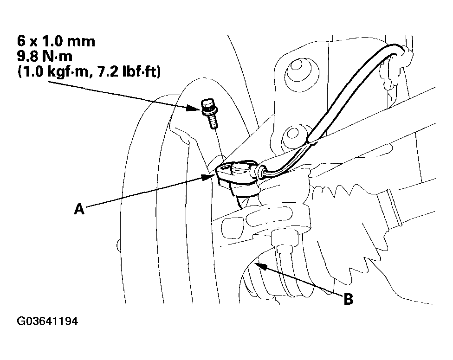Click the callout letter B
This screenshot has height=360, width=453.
(348, 299)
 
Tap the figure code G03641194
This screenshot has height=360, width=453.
(47, 321)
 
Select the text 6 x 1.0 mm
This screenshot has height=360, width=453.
(56, 41)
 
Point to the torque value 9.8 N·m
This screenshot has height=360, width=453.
(45, 56)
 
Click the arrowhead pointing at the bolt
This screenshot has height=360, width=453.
(193, 108)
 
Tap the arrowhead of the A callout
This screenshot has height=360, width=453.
(208, 176)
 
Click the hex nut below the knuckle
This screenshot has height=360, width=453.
(284, 238)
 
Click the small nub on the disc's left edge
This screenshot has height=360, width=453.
(118, 245)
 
